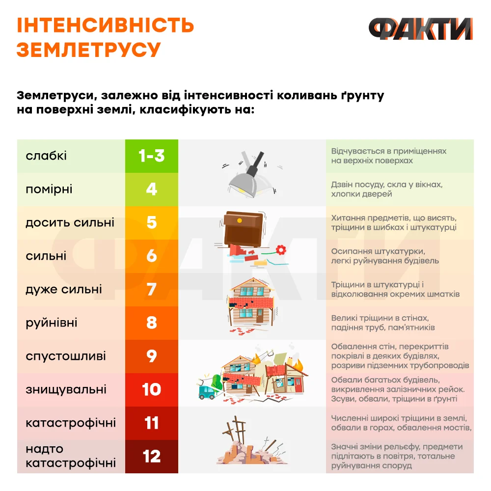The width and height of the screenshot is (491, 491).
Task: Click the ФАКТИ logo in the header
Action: [421, 29]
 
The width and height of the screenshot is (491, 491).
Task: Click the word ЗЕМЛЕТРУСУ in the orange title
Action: [88, 50]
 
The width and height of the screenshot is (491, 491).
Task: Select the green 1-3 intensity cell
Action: [152, 156]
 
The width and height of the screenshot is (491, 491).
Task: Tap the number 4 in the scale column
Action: [152, 189]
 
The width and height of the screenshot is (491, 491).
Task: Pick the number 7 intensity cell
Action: [152, 289]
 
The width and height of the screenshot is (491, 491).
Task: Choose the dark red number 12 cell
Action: [152, 456]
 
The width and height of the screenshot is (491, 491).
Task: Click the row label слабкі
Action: [46, 156]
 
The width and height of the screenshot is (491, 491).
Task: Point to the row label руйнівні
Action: [52, 323]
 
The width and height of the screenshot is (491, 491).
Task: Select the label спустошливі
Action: [66, 356]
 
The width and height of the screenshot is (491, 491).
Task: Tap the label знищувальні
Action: [66, 389]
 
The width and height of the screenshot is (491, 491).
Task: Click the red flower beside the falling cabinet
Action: [281, 250]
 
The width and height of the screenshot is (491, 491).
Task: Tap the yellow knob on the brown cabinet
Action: [240, 220]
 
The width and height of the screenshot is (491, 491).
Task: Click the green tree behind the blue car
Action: [217, 382]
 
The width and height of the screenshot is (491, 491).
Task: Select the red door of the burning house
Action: [299, 385]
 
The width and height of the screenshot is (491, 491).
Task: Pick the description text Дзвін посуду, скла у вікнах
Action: [387, 185]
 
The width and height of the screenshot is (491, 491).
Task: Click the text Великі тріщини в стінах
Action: [380, 318]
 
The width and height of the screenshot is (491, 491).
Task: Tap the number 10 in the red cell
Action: [152, 389]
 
